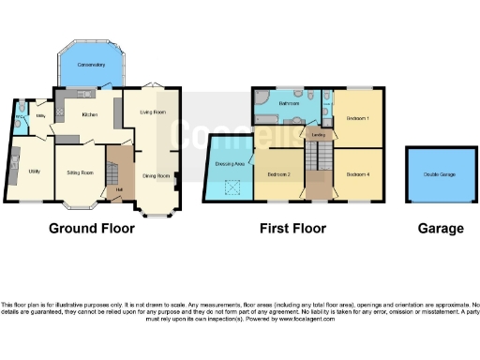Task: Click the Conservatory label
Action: [x=92, y=65]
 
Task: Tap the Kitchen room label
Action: [x=90, y=114]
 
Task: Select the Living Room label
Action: [x=153, y=112]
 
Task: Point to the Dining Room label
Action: [x=156, y=175]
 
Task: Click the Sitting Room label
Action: [x=80, y=172]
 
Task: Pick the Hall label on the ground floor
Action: [x=119, y=191]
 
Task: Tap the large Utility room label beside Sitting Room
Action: [x=34, y=172]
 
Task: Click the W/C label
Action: [x=20, y=118]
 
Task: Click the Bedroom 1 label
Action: [x=358, y=119]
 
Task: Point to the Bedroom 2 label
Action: [x=278, y=175]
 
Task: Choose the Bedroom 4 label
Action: [x=358, y=175]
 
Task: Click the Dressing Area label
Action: [x=230, y=164]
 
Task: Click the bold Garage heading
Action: [x=440, y=228]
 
